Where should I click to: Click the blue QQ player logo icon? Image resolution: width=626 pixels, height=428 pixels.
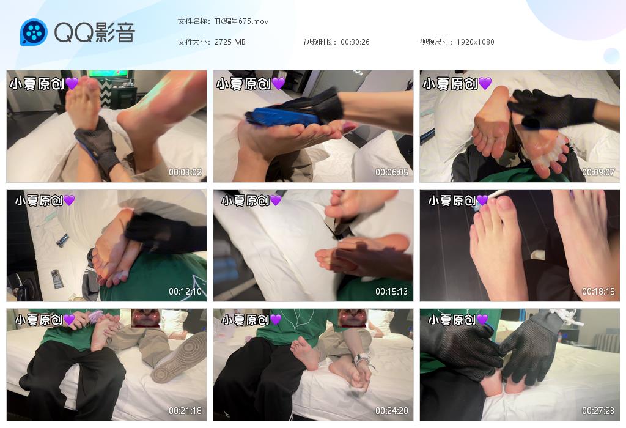click(x=34, y=32)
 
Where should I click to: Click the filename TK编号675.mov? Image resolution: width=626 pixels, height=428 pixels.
click(x=241, y=21)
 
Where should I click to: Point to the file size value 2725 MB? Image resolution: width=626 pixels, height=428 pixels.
click(x=230, y=42)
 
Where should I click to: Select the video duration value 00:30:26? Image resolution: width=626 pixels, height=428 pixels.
click(x=355, y=42)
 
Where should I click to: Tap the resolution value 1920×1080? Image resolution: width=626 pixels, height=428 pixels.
click(x=475, y=42)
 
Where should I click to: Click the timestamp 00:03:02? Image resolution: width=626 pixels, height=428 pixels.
click(x=185, y=172)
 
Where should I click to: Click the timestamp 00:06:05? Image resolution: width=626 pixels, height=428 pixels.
click(x=392, y=172)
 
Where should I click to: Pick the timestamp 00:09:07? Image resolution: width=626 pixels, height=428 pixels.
click(x=598, y=172)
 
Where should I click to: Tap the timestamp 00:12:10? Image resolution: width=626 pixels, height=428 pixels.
click(x=185, y=292)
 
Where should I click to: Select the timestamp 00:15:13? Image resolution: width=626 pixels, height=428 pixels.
click(x=392, y=292)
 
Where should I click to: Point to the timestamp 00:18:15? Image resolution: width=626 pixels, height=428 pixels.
click(x=598, y=292)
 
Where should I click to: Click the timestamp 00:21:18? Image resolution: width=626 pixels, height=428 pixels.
click(x=185, y=410)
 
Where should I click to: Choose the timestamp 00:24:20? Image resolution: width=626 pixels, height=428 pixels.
click(x=392, y=410)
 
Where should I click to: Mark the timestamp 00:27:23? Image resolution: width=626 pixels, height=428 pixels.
click(x=598, y=410)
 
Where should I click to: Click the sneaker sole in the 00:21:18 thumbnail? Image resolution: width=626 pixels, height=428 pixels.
click(x=179, y=357)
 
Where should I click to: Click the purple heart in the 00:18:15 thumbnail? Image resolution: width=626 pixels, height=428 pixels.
click(x=482, y=200)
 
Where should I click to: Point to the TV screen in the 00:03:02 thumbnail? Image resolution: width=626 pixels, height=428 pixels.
click(x=108, y=74)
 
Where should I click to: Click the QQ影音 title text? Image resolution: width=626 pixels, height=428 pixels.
click(x=95, y=32)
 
